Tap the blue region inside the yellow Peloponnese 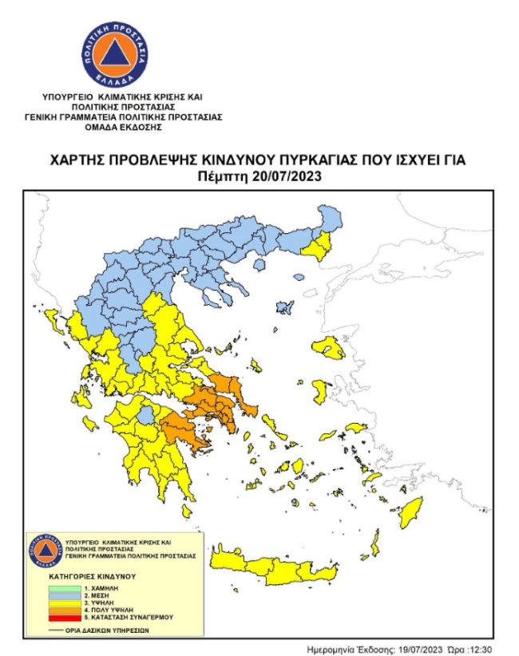click(146, 415)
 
